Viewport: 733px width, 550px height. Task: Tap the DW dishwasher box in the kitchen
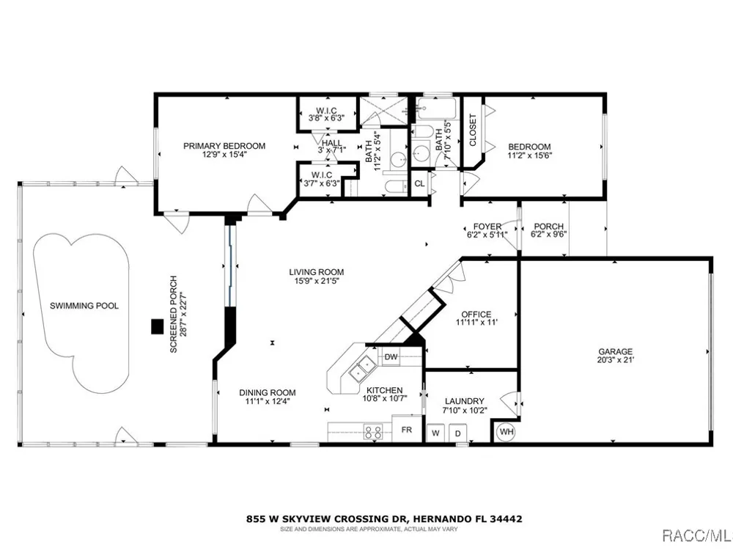391,357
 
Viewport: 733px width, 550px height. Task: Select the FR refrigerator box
407,429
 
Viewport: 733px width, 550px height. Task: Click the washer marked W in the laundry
435,433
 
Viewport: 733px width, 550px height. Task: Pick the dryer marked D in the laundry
457,433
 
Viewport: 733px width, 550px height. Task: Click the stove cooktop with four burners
374,432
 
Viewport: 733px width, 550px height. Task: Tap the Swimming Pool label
84,306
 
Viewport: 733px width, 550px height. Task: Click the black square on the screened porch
157,326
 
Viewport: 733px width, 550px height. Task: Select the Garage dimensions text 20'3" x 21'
616,360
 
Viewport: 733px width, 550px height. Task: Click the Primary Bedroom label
224,146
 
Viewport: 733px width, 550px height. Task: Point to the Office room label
476,315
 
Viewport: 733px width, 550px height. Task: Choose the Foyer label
487,227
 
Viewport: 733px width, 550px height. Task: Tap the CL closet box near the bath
419,183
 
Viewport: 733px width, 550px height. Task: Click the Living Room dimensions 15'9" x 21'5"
317,281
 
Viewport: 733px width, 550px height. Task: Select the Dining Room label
268,393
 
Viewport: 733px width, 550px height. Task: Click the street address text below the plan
384,518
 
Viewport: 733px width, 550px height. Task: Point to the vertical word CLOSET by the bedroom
472,130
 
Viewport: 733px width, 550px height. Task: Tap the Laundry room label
464,401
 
